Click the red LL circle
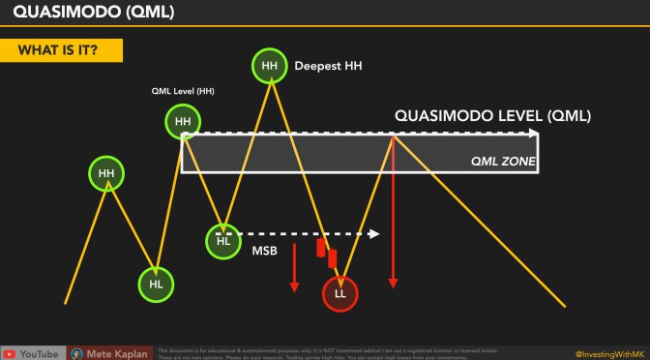(x=340, y=292)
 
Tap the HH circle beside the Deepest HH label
(x=269, y=67)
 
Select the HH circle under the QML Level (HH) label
(x=182, y=122)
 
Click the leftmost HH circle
(x=105, y=174)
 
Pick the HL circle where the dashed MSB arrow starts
(x=223, y=240)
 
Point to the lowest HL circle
(x=156, y=284)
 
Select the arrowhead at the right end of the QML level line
(x=533, y=135)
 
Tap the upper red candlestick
(x=321, y=247)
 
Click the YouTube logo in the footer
(x=11, y=353)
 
